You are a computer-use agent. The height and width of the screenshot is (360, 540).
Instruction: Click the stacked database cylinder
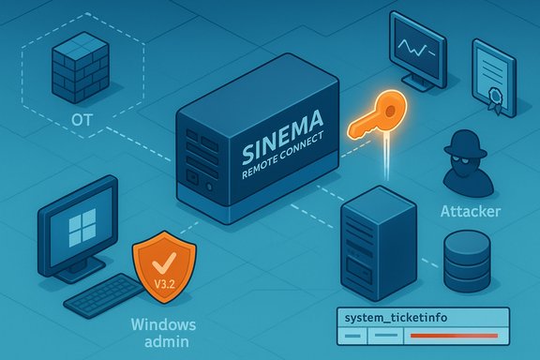(x=468, y=262)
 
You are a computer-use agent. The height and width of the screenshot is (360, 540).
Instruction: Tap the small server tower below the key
(x=378, y=240)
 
